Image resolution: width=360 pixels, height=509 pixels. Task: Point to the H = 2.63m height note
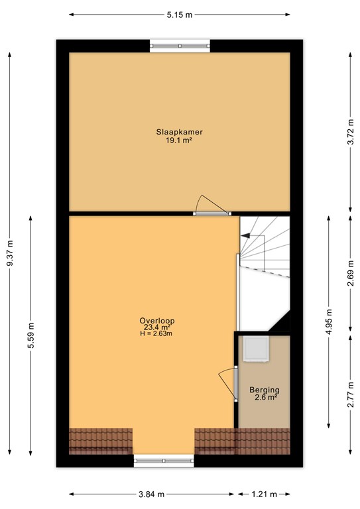[x=156, y=333]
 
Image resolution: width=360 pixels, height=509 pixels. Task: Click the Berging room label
[x=264, y=390]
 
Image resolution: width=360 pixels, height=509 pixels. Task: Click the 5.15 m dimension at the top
[x=179, y=14]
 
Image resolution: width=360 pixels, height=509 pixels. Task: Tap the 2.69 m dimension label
[x=350, y=275]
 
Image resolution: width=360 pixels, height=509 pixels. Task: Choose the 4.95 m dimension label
[x=329, y=321]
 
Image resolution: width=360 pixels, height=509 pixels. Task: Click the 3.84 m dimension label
[x=151, y=494]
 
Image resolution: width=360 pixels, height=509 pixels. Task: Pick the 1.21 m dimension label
[x=264, y=494]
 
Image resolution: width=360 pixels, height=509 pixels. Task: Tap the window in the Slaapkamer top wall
[x=180, y=45]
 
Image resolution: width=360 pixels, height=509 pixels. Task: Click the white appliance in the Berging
[x=255, y=349]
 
